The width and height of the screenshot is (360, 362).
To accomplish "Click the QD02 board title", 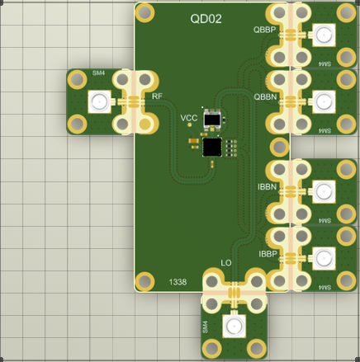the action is tap(206, 19).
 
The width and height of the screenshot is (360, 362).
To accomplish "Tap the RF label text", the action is tap(157, 96).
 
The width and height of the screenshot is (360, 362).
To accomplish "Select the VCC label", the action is tap(189, 118).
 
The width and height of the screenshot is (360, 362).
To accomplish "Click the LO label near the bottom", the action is tap(226, 263).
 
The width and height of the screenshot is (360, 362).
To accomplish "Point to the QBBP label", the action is tap(264, 30).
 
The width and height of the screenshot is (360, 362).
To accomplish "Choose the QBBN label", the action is tap(265, 96).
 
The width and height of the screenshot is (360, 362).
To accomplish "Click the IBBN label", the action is tap(267, 187).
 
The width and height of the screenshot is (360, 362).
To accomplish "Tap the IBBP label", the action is tap(268, 254).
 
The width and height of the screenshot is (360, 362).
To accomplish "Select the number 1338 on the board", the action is tap(178, 282).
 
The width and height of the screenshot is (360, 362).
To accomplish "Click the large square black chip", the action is tap(212, 147).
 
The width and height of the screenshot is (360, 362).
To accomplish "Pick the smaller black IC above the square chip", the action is tap(212, 120).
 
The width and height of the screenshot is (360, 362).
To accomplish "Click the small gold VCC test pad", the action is tap(190, 125).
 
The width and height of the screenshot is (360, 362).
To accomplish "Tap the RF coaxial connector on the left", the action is tap(99, 101).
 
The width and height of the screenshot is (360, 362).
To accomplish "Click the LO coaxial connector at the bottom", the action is tap(234, 326).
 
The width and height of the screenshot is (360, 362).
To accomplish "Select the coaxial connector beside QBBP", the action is tap(324, 35).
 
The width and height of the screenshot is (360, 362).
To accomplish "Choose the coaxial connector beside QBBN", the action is tap(324, 101).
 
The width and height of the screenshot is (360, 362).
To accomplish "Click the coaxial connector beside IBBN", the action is tap(324, 191).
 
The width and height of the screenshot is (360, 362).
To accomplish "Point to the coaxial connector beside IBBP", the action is tap(324, 258).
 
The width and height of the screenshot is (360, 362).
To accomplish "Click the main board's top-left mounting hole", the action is tap(144, 12).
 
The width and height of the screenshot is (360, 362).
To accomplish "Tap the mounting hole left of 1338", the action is tap(144, 281).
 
